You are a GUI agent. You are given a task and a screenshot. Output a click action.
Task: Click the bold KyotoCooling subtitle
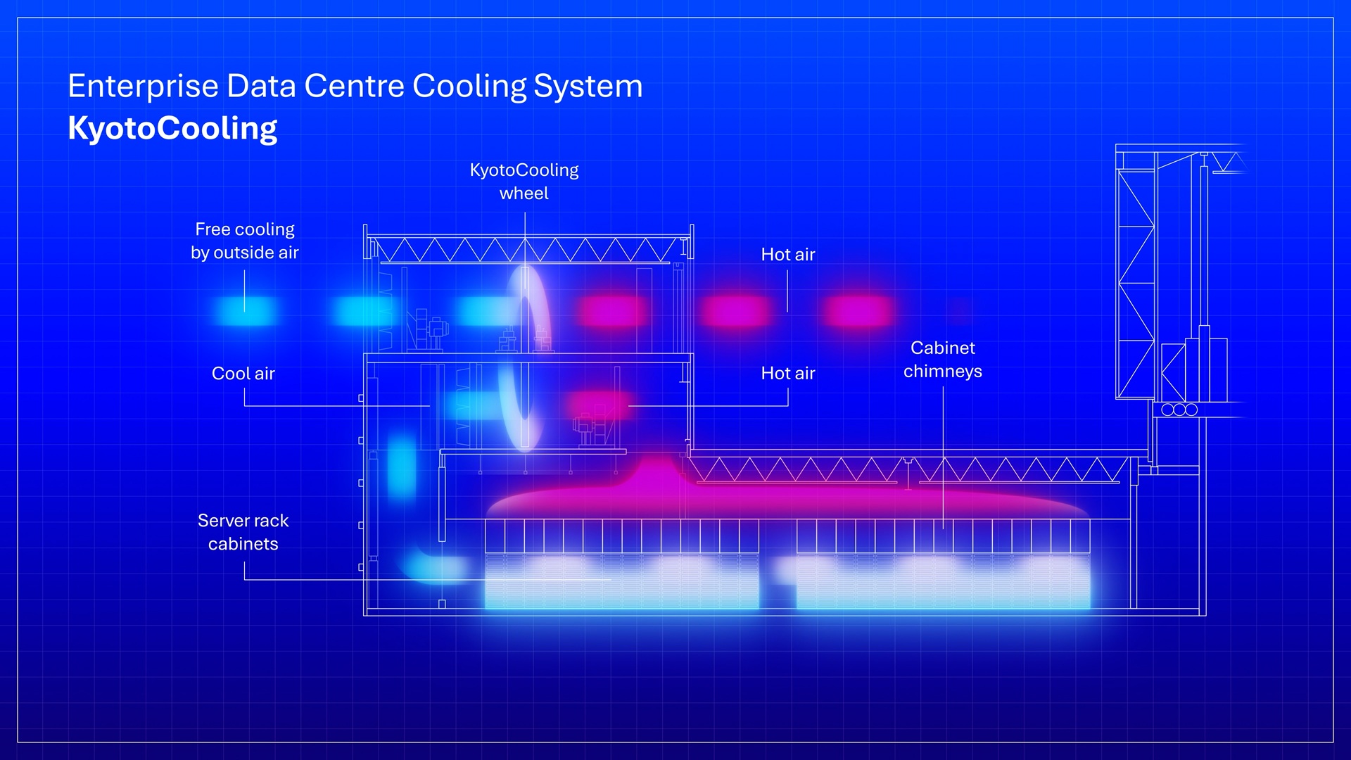[x=172, y=128]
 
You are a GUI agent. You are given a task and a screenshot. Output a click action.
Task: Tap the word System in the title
[x=588, y=86]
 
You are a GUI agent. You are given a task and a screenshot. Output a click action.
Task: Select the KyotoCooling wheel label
[x=524, y=182]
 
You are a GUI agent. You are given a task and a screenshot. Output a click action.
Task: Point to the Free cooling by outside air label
[x=245, y=241]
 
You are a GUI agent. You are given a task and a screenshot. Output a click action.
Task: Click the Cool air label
[x=243, y=374]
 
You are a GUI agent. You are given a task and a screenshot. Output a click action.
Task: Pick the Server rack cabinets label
[x=243, y=532]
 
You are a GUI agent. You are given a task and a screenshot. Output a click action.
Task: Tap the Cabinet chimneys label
[x=943, y=360]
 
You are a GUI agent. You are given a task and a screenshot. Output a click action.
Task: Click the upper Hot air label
[x=788, y=255]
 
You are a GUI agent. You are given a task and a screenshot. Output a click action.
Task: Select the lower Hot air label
[x=788, y=374]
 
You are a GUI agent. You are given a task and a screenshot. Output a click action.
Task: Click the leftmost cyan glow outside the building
[x=245, y=310]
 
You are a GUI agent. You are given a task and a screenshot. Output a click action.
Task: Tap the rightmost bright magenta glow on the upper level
[x=858, y=310]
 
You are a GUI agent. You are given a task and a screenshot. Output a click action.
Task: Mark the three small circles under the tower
[x=1179, y=410]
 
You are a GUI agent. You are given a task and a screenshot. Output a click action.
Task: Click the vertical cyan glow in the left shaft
[x=402, y=466]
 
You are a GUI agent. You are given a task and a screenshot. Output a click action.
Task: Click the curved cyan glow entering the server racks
[x=436, y=566]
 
